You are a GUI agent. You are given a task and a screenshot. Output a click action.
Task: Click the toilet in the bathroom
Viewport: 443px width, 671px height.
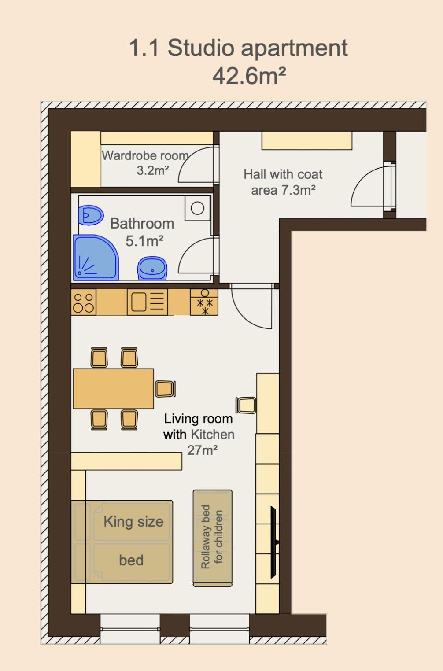pyautogui.click(x=90, y=215)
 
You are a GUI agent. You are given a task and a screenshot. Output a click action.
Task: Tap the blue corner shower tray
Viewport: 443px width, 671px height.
pyautogui.click(x=94, y=259)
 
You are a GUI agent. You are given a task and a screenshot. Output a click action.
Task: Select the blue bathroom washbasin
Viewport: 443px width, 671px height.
pyautogui.click(x=152, y=268)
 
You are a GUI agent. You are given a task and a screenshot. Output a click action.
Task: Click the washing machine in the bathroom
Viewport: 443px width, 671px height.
pyautogui.click(x=197, y=208)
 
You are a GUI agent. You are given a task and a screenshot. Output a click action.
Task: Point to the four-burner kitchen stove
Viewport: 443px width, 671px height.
pyautogui.click(x=83, y=302)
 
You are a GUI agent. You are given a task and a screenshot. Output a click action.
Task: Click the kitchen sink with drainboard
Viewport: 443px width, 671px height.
pyautogui.click(x=148, y=302)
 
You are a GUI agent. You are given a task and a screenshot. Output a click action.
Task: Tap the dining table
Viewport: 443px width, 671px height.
pyautogui.click(x=113, y=389)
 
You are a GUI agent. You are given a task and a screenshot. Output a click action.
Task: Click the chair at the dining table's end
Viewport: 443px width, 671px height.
pyautogui.click(x=165, y=389)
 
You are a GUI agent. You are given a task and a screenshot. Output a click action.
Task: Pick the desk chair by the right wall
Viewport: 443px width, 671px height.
pyautogui.click(x=246, y=405)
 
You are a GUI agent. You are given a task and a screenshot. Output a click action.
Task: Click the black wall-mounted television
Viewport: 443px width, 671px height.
pyautogui.click(x=273, y=542)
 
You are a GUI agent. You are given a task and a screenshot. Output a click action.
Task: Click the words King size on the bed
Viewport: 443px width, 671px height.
pyautogui.click(x=133, y=522)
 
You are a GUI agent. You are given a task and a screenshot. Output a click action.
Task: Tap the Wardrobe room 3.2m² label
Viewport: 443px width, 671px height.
pyautogui.click(x=145, y=162)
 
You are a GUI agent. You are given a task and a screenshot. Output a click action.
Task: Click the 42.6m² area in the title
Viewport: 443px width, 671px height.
pyautogui.click(x=249, y=76)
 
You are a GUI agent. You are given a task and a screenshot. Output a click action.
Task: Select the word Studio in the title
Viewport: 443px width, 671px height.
pyautogui.click(x=201, y=48)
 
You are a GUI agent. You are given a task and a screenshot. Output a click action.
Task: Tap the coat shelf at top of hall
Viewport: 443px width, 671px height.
pyautogui.click(x=306, y=141)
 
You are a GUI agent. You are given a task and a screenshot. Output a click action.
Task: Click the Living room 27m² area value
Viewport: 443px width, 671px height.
pyautogui.click(x=202, y=450)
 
